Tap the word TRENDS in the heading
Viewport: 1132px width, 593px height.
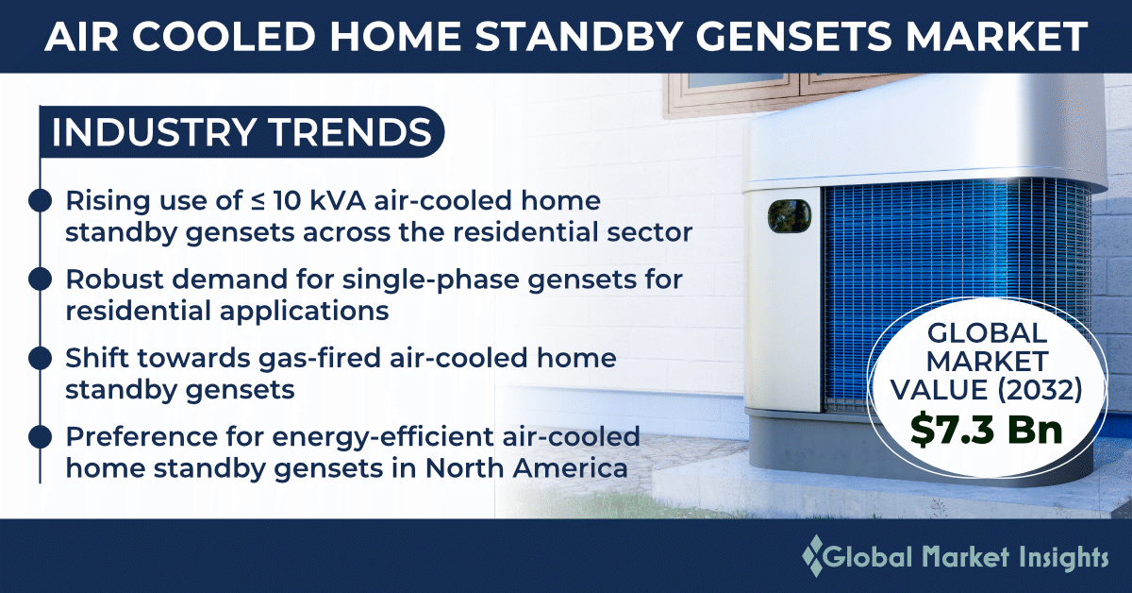[350, 132]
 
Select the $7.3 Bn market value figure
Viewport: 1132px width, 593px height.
[987, 429]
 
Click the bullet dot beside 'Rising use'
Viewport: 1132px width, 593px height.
[40, 200]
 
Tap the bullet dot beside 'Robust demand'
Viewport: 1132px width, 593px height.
[40, 280]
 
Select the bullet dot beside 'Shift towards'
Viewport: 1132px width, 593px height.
[40, 358]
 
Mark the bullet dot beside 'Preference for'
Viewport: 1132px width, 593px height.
[40, 437]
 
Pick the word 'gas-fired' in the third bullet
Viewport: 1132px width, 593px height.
[320, 359]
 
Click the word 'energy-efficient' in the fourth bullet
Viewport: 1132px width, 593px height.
[383, 437]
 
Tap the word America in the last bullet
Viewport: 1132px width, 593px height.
[570, 468]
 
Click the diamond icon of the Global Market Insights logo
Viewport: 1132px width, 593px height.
[813, 556]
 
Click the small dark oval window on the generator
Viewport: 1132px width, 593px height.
[789, 216]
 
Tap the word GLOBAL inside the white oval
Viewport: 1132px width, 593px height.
[987, 333]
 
